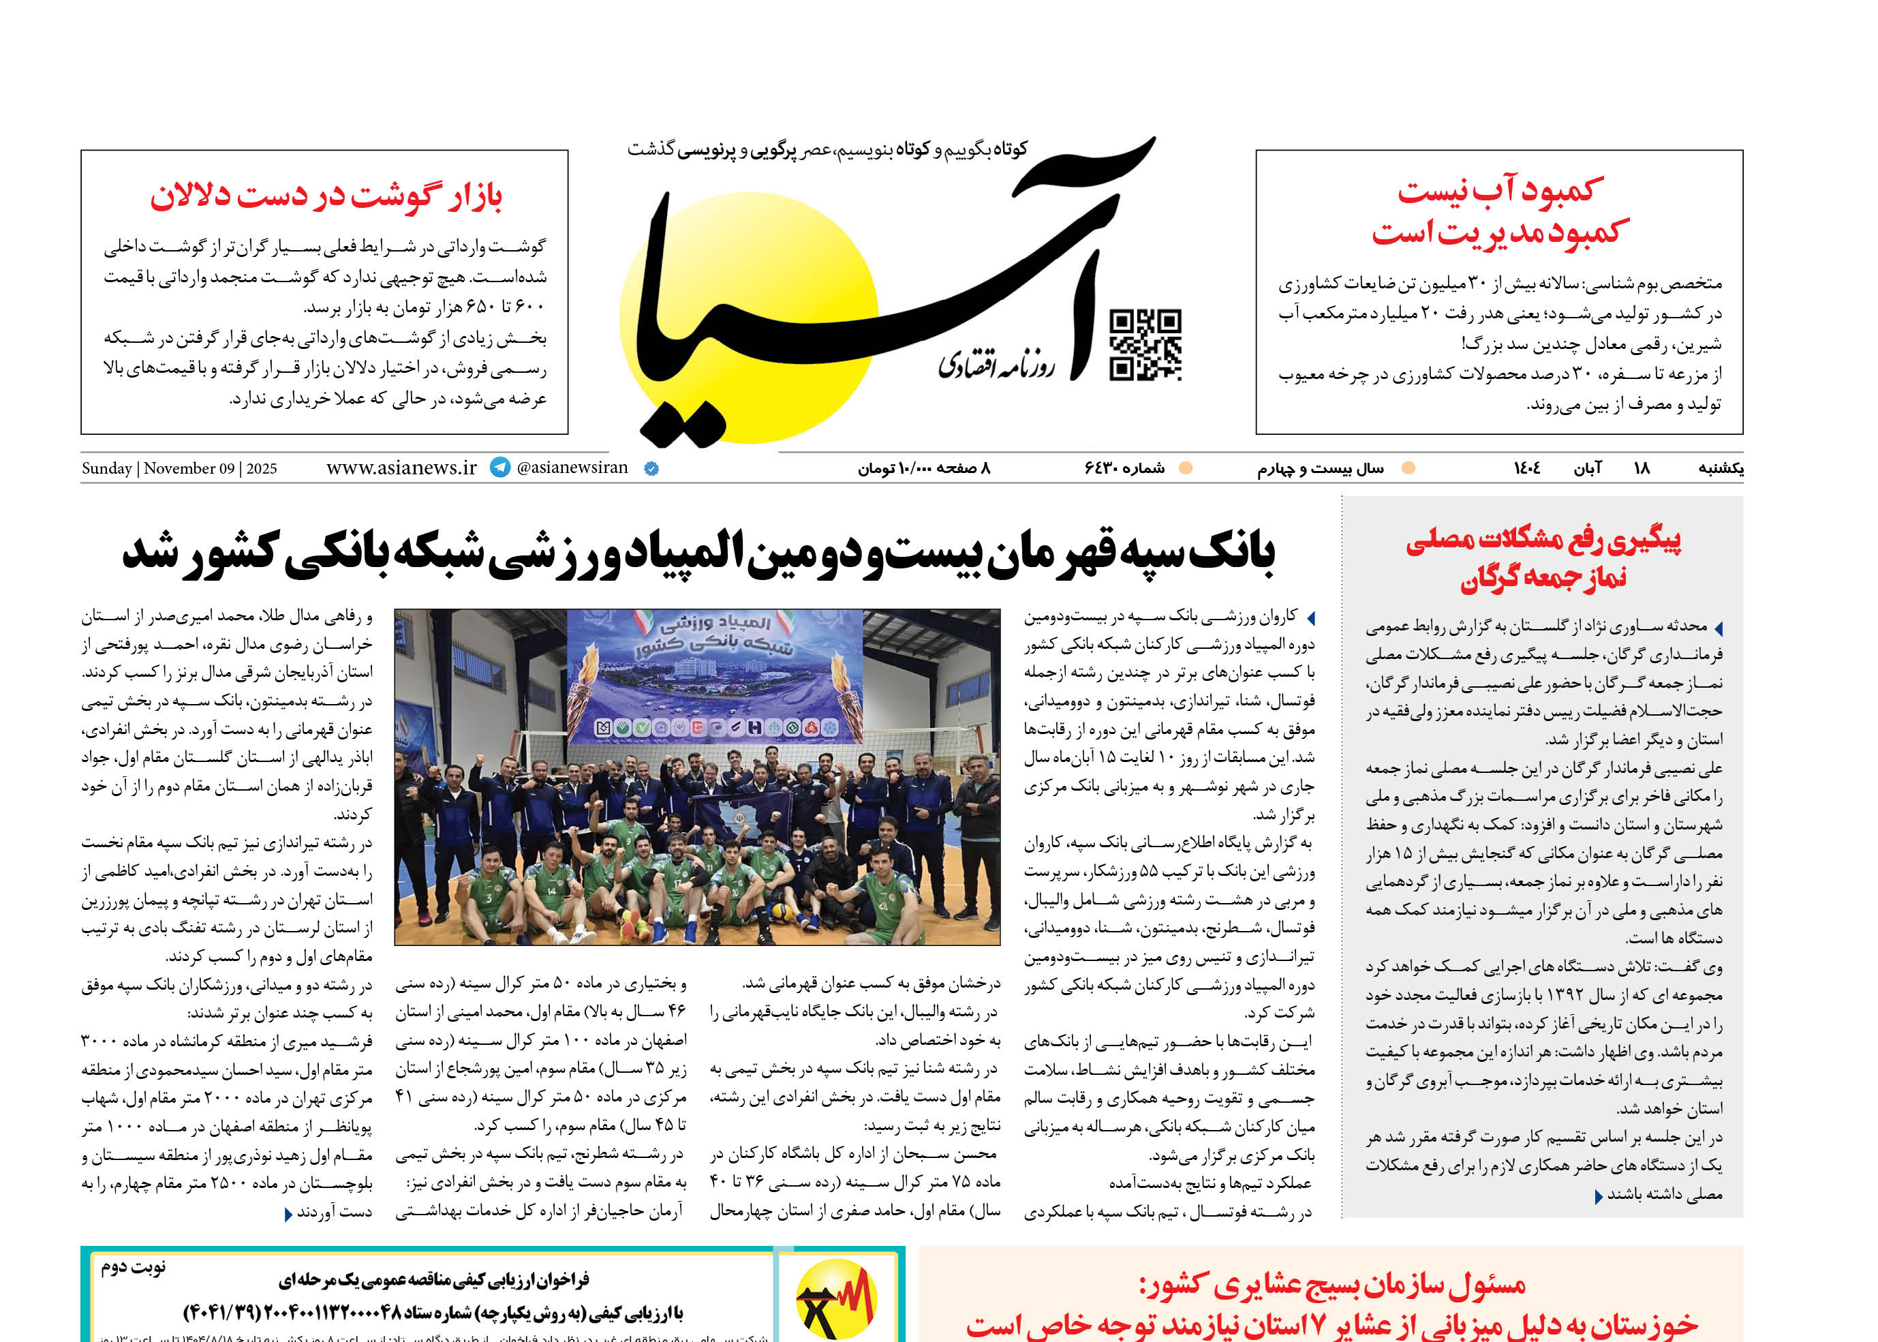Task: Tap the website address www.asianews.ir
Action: (x=401, y=468)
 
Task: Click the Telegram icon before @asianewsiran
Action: (x=500, y=467)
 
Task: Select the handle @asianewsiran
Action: (x=572, y=468)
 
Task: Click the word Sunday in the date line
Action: (x=106, y=468)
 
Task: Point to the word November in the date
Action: (x=179, y=468)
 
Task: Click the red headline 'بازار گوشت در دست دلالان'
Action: (x=326, y=196)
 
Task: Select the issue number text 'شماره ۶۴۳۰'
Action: (x=1124, y=468)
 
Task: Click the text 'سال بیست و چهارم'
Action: (x=1321, y=468)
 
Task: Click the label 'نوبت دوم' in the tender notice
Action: (x=134, y=1267)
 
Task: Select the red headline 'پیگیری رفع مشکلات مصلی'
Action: (x=1543, y=540)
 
